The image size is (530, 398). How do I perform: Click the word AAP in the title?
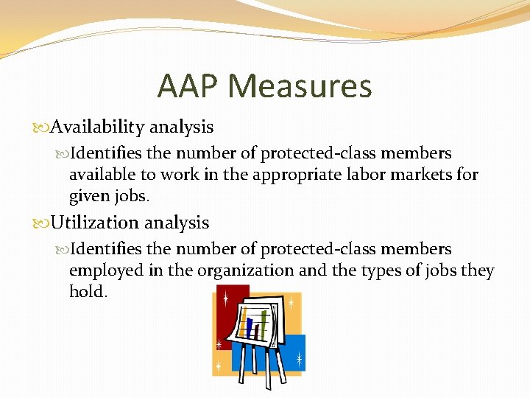click(188, 87)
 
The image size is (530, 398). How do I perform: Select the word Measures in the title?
click(300, 87)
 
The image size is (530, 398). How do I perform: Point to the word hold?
click(88, 293)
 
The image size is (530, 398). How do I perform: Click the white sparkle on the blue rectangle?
click(299, 359)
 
